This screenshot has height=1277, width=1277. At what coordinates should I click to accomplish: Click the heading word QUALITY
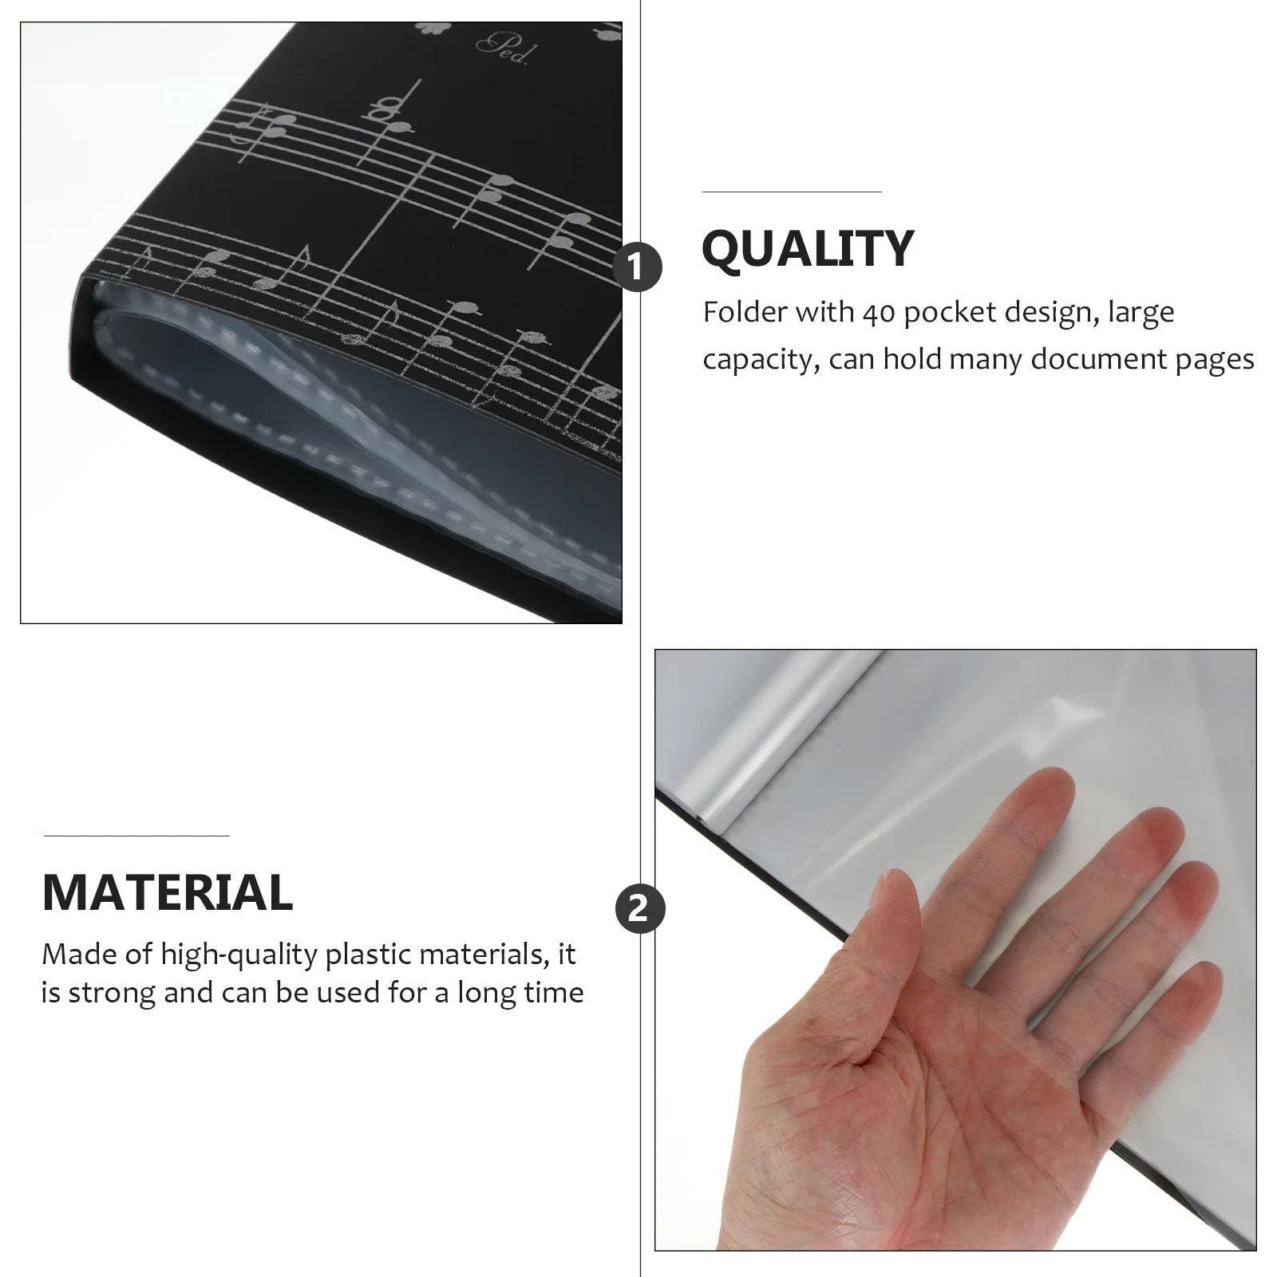coord(807,248)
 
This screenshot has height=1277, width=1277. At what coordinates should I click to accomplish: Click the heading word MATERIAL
coord(168,892)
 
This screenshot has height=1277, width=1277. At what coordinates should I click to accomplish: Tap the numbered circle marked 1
coord(638,267)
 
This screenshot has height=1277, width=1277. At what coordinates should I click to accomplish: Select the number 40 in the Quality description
coord(878,312)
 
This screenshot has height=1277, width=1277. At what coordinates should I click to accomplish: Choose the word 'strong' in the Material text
coord(112,994)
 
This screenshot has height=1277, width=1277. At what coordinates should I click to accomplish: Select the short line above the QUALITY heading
coord(792,192)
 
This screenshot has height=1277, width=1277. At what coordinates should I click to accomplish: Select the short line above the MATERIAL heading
coord(136,836)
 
